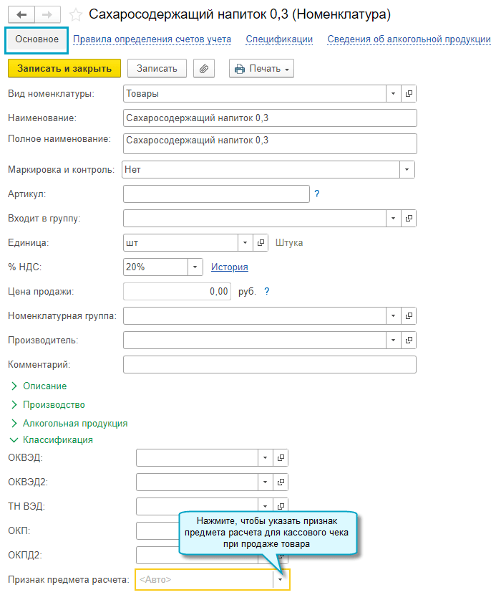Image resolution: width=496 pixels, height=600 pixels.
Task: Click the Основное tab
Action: (37, 39)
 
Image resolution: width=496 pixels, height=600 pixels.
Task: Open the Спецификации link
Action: (279, 39)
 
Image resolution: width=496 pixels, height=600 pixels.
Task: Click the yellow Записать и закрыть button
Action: (64, 68)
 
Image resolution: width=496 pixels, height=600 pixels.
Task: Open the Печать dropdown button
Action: (261, 68)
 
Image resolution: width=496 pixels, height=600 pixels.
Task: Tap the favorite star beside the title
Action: (75, 14)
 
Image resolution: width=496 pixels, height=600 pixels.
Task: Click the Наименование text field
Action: (269, 118)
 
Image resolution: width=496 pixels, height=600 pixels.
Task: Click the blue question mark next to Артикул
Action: (316, 194)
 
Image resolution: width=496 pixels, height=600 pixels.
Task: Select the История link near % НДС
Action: (229, 267)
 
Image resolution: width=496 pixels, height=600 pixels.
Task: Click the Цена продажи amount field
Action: (178, 292)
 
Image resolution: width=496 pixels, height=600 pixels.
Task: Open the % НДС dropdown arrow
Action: (195, 267)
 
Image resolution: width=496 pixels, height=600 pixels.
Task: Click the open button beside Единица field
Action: (261, 243)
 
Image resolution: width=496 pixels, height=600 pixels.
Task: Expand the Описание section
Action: (44, 386)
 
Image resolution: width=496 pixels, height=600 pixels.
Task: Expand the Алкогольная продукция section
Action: (74, 424)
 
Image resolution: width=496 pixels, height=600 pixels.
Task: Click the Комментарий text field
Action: (269, 365)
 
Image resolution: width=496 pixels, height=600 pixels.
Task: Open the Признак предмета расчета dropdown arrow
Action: (281, 579)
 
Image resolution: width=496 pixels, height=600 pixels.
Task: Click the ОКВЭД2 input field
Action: (196, 482)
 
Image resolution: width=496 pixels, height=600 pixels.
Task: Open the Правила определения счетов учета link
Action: (152, 39)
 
